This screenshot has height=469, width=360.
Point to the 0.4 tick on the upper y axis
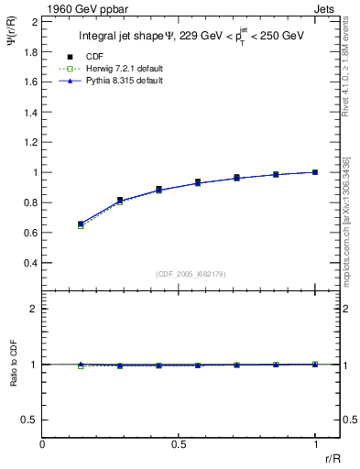(31, 263)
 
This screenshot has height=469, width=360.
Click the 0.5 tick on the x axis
(179, 445)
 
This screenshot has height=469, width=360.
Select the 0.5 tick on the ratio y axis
(31, 420)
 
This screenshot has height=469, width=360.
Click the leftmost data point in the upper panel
(81, 224)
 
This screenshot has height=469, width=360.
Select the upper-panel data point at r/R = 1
(316, 172)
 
